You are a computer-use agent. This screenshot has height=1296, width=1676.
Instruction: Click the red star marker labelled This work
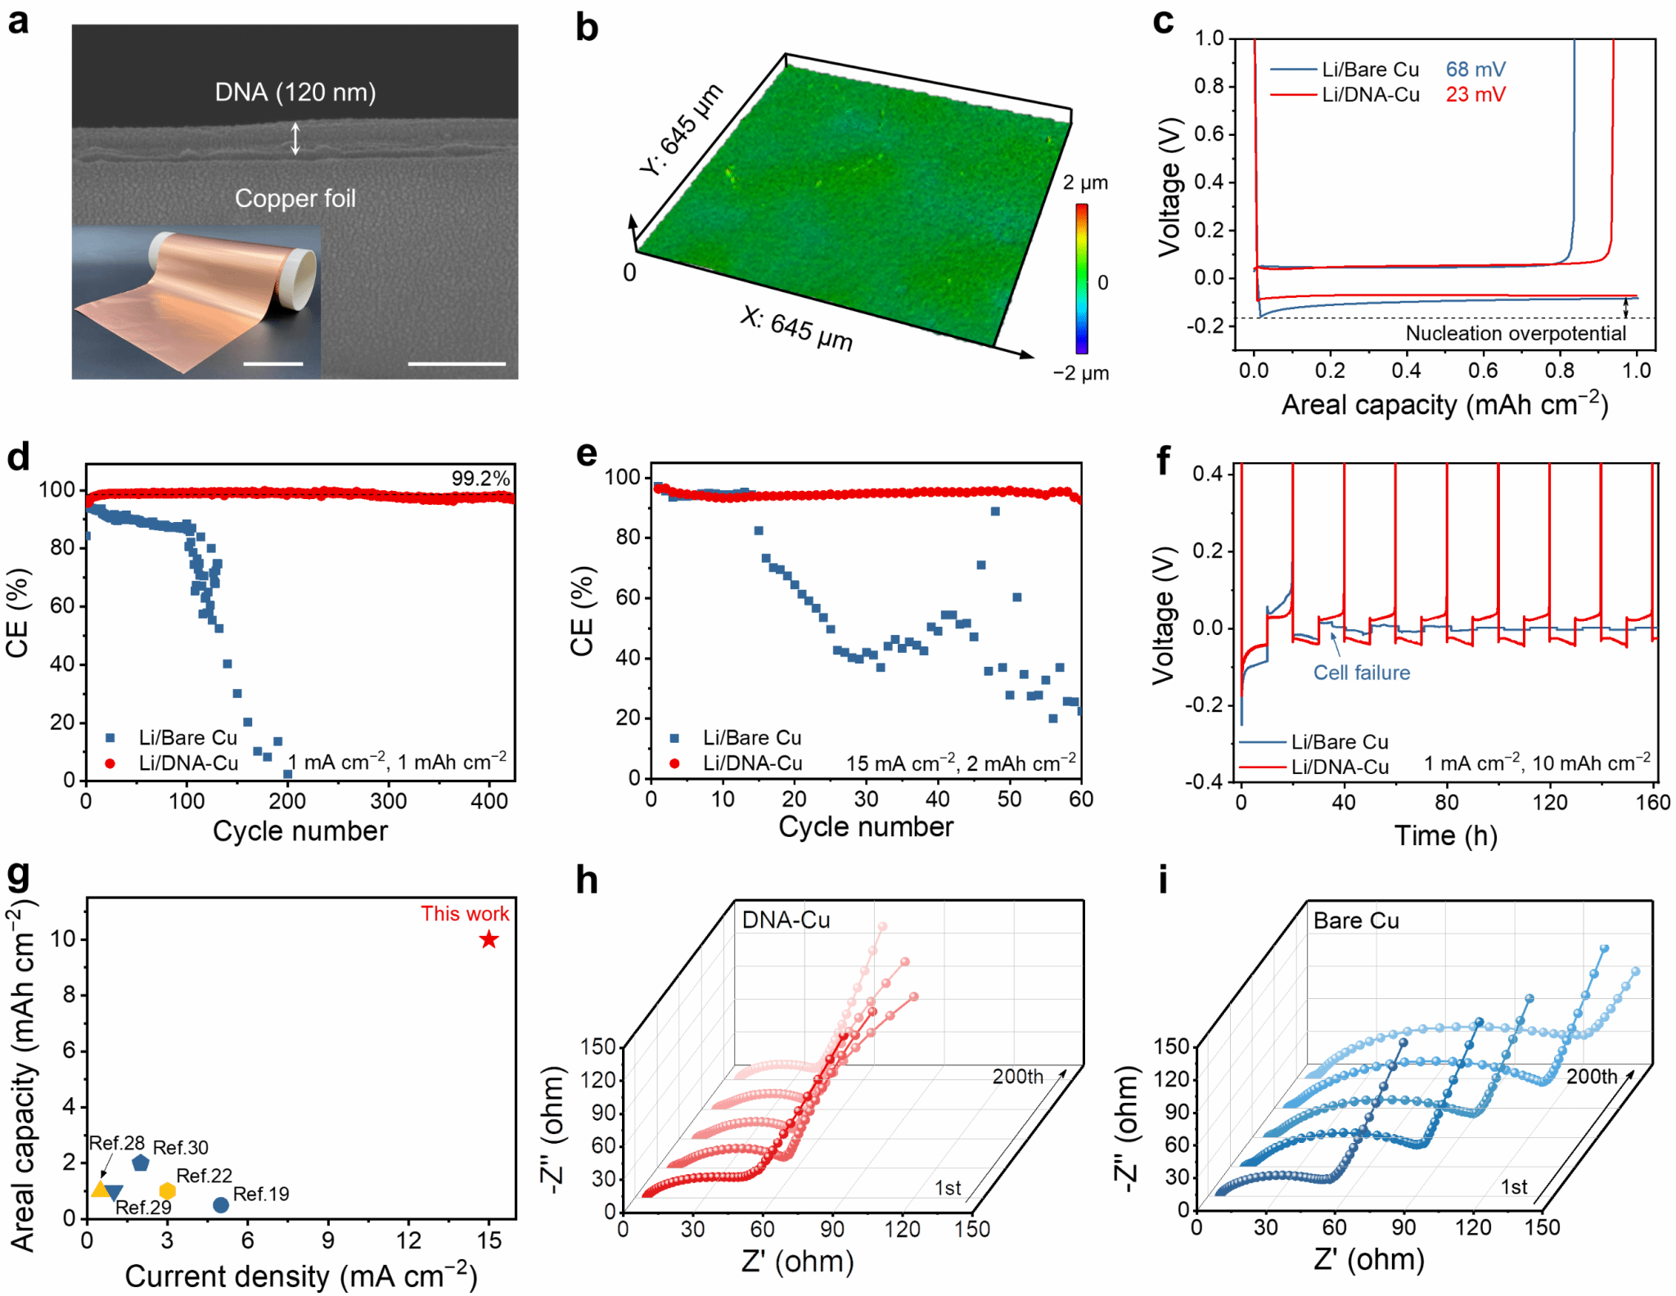click(x=489, y=939)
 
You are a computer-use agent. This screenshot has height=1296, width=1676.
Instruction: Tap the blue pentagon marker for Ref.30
click(x=141, y=1163)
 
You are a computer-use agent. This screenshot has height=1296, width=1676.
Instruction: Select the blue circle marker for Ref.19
click(x=220, y=1204)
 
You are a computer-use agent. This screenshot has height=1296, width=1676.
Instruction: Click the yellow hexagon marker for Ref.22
click(x=167, y=1190)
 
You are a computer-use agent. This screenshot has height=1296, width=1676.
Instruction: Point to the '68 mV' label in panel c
click(x=1475, y=70)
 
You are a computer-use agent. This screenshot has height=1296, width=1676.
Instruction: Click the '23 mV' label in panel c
click(x=1475, y=95)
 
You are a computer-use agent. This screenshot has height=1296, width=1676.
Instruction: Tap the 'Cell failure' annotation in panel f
click(x=1361, y=673)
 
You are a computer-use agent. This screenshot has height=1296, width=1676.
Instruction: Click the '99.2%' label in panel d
click(x=480, y=479)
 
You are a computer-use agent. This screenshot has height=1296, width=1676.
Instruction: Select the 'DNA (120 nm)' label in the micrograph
click(x=295, y=92)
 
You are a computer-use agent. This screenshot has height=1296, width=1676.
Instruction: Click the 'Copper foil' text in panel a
click(x=295, y=198)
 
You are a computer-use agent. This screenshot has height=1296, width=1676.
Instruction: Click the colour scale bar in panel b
click(x=1082, y=278)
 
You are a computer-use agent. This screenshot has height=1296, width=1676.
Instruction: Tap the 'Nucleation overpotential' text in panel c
click(x=1516, y=333)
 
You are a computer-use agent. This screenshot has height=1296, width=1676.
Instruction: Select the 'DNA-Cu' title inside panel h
click(x=786, y=920)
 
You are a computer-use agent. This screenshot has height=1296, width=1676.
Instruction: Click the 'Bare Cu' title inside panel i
click(x=1356, y=920)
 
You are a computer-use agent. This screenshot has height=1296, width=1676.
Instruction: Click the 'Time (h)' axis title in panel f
click(x=1446, y=835)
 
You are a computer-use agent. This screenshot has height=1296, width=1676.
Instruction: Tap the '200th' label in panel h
click(x=1018, y=1077)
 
